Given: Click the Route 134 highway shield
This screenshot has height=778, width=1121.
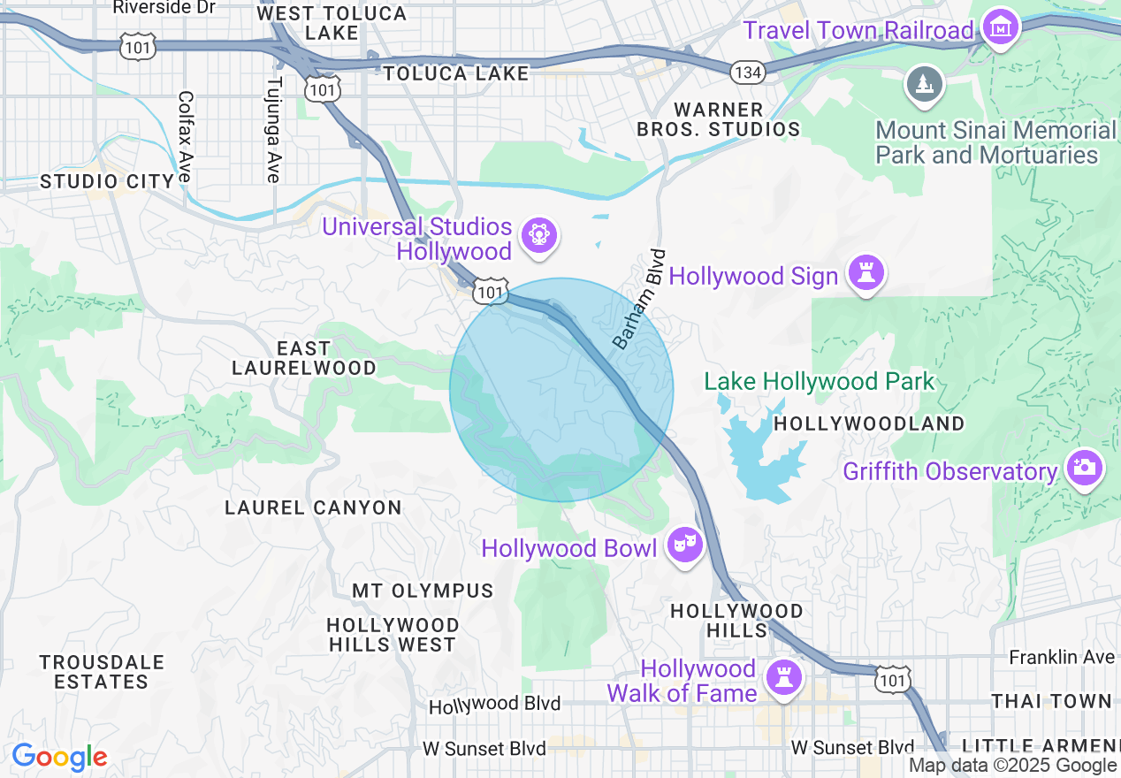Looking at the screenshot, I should pos(748,72).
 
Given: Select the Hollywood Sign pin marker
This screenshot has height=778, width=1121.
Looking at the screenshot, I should pos(866,274).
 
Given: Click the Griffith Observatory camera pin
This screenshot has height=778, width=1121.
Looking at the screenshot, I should pos(1083,468).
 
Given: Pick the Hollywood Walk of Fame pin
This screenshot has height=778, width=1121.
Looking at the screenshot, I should pos(782,678).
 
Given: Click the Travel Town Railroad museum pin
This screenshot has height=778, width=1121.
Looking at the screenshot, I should pos(1001,28).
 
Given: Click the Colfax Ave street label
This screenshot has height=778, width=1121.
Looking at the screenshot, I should pos(185,137).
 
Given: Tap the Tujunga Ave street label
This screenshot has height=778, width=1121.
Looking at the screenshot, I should pos(273,130).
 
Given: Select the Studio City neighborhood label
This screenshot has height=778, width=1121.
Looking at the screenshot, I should pos(107,181).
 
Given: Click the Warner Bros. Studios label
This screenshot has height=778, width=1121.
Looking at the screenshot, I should pos(719,119).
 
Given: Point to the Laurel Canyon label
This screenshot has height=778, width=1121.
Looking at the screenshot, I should pos(313,507).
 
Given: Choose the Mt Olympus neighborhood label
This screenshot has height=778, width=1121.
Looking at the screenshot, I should pos(423,590).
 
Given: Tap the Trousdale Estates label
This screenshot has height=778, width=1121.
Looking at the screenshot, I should pos(102,672).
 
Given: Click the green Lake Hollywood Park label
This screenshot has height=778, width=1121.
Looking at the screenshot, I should pos(819,382).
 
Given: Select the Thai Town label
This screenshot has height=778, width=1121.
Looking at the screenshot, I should pos(1051,701).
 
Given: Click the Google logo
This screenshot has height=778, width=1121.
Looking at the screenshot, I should pos(59,757).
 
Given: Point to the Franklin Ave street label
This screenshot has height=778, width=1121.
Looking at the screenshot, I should pos(1062,657).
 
